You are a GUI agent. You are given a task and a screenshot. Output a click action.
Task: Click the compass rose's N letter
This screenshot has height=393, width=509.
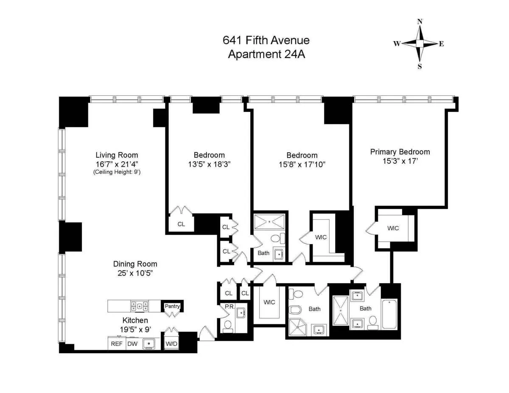[x=420, y=22]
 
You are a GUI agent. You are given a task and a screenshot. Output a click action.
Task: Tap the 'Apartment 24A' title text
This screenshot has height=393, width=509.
[x=266, y=55]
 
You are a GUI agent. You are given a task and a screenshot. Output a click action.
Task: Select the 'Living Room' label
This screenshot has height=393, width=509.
[x=117, y=155]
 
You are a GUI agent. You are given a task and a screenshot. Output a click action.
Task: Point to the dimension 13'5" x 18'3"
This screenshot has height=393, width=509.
[x=209, y=164]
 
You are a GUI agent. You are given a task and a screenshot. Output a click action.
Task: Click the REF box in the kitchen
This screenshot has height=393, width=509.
[x=117, y=344]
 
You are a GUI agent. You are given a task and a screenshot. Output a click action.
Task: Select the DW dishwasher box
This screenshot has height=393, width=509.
[x=132, y=344]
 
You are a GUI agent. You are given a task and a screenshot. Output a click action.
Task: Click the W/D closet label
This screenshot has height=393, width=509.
[x=171, y=344]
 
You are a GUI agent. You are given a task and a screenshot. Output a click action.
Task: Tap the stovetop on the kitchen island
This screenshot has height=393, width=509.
[x=139, y=306]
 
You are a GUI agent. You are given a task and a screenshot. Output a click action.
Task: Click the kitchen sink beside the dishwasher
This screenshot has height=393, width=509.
[x=149, y=343]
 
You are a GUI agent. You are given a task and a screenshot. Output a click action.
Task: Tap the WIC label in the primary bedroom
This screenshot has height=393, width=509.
[x=393, y=228]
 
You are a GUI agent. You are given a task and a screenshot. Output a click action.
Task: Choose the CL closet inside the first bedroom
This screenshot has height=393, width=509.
[x=181, y=224]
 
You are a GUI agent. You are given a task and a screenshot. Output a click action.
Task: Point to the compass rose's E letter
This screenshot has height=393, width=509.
[x=441, y=44]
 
